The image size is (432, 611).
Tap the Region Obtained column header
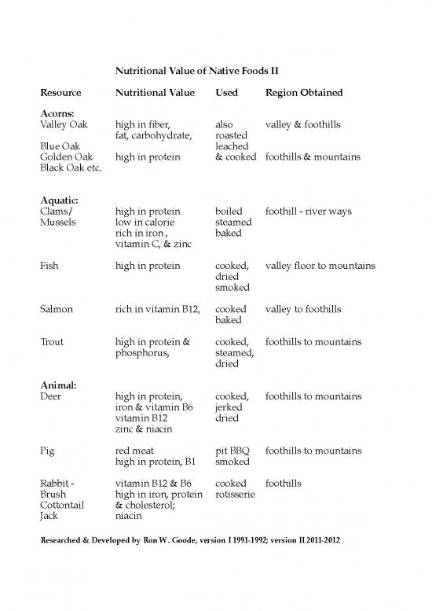point(304,93)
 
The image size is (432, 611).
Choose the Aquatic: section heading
point(60,201)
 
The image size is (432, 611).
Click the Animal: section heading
point(58,385)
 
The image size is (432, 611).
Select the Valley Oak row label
point(64,125)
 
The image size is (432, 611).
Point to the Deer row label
point(50,396)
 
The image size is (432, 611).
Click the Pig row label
point(47,451)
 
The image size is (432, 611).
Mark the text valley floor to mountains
point(320,267)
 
